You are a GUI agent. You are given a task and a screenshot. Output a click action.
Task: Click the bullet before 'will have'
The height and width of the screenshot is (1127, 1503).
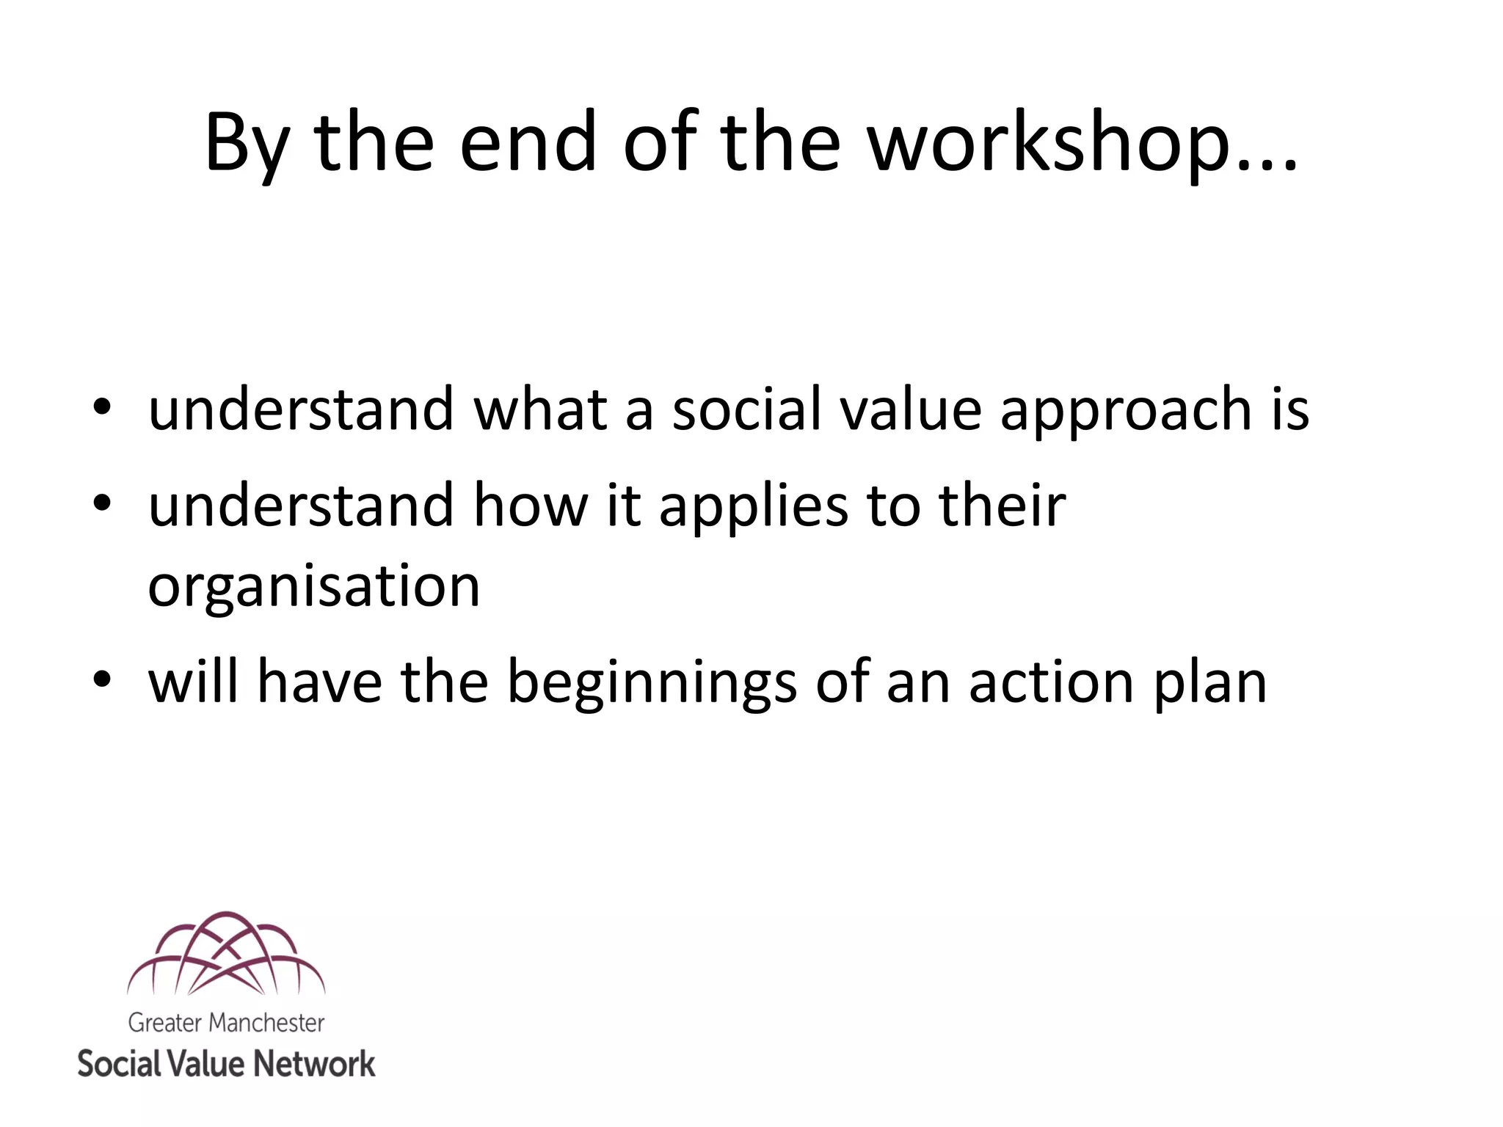102,679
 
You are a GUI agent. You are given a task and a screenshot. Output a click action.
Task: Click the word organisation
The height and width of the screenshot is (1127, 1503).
314,587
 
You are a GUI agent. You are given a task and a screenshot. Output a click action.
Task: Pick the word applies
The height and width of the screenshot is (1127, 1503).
754,506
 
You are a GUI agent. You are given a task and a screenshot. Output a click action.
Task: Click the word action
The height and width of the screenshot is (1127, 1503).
1052,681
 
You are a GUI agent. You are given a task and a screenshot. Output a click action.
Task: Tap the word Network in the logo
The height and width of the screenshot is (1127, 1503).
316,1064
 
